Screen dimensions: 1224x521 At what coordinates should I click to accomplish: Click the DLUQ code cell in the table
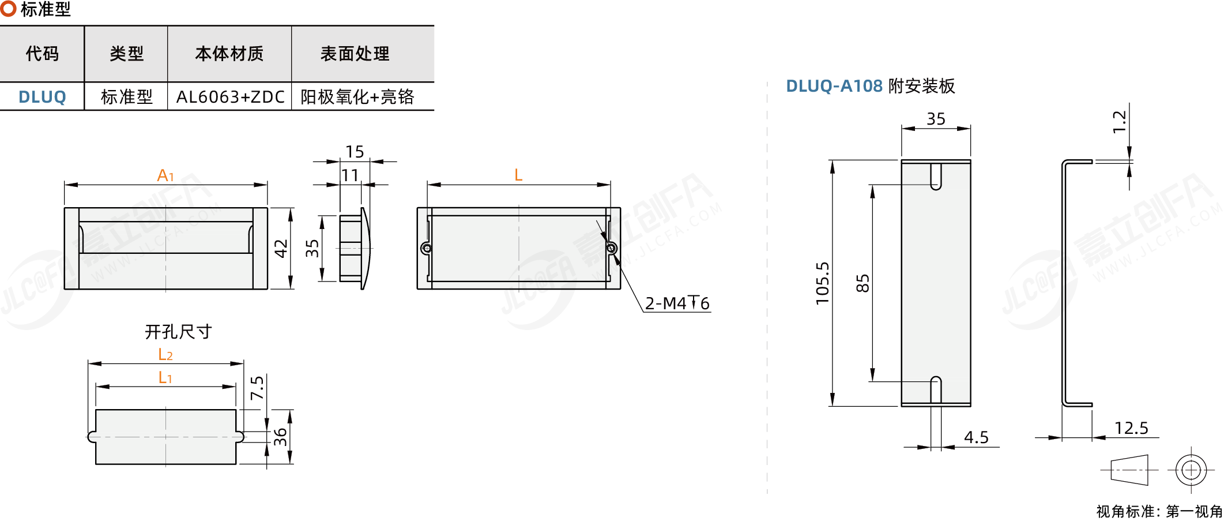[42, 97]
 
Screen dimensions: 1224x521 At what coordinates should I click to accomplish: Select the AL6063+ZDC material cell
[230, 97]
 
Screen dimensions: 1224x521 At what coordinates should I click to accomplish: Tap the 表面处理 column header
[355, 54]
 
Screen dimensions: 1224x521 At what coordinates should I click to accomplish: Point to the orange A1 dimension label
[165, 175]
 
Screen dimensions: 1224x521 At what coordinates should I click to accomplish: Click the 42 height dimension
[281, 248]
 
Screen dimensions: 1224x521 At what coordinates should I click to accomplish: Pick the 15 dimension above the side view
[355, 151]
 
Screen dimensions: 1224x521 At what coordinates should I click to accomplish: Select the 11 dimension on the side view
[350, 175]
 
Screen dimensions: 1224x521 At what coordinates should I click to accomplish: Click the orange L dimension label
[518, 175]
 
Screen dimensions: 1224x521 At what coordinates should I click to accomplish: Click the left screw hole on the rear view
[427, 249]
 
